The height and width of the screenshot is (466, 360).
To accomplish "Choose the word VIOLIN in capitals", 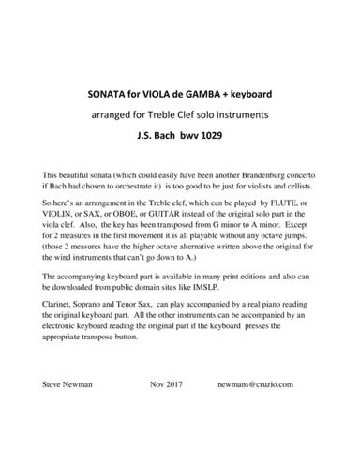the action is coord(61,215).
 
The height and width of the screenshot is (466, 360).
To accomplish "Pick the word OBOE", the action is coord(136,215).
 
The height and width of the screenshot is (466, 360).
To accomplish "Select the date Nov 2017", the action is coord(170,384).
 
